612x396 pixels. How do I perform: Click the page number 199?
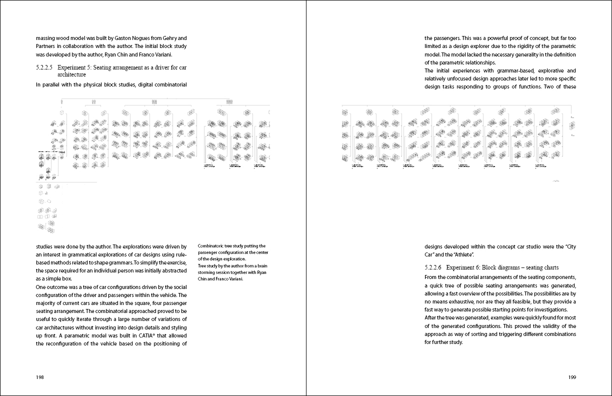(x=572, y=377)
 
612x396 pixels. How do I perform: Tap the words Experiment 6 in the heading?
(x=463, y=267)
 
